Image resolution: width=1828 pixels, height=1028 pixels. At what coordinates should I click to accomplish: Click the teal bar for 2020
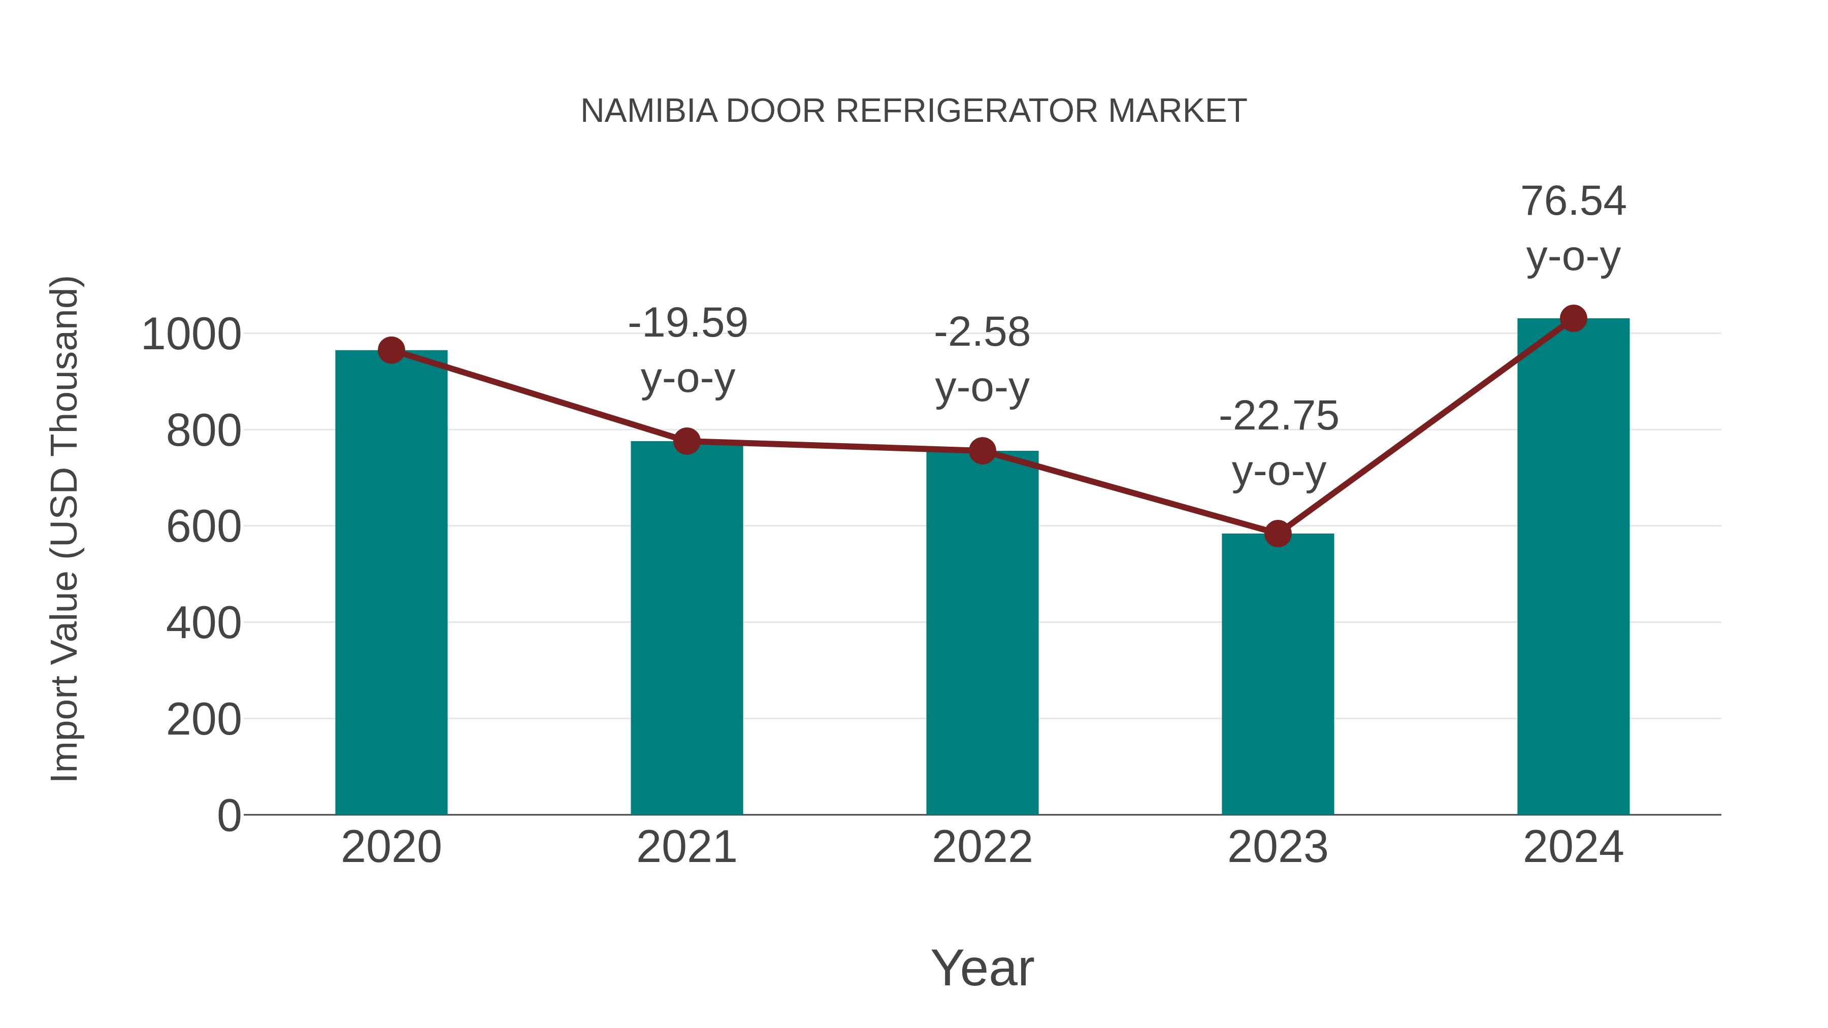point(391,582)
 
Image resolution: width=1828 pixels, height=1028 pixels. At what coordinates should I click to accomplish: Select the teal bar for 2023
point(1278,674)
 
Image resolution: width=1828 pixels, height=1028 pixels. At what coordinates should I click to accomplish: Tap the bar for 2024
point(1573,568)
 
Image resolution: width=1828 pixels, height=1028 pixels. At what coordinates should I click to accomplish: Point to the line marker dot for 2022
point(982,450)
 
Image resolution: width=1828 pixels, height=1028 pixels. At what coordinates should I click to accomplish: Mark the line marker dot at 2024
point(1573,318)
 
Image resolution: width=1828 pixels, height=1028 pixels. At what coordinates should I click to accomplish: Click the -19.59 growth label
point(688,323)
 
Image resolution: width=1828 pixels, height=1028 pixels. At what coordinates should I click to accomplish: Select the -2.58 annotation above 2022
point(982,333)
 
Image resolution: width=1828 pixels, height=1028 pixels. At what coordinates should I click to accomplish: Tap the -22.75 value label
point(1278,416)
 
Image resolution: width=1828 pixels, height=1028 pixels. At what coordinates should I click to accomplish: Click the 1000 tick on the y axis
point(191,335)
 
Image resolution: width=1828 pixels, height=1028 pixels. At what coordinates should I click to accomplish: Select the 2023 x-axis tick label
point(1278,847)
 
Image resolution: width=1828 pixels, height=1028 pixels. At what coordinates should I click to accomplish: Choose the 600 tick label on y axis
point(204,528)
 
